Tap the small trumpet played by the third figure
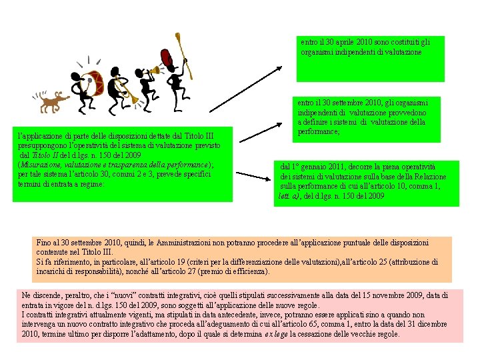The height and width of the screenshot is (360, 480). pos(155,69)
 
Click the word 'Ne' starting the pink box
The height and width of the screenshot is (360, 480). pos(26,295)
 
